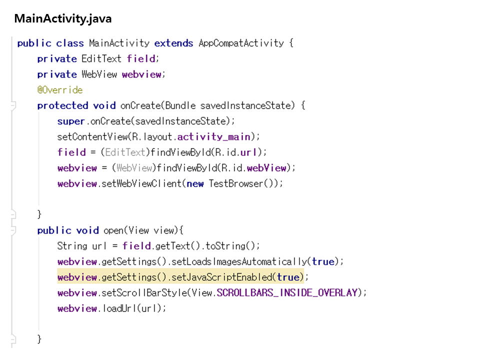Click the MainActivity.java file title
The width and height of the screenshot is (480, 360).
(63, 19)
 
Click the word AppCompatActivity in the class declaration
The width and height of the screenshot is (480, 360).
(241, 43)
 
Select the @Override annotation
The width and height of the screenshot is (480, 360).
(60, 90)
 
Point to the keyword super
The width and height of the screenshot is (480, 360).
(71, 121)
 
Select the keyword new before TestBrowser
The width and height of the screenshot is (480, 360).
(195, 183)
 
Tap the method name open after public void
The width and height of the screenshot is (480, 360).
(113, 230)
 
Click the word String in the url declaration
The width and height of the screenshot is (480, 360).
(72, 246)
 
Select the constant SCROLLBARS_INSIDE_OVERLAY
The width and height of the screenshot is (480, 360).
(287, 292)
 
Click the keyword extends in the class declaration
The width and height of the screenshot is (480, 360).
(173, 43)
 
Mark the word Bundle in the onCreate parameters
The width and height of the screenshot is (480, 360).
(180, 105)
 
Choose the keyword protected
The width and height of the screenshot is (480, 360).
(63, 105)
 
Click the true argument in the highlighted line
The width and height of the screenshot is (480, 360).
(288, 277)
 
